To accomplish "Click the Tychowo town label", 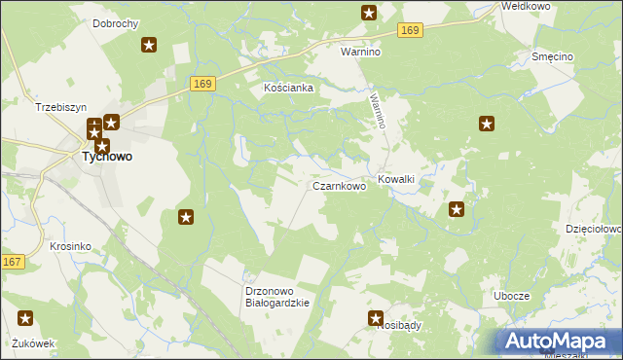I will pyautogui.click(x=107, y=156).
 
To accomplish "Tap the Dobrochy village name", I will pyautogui.click(x=115, y=22).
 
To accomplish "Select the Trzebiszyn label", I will pyautogui.click(x=61, y=107).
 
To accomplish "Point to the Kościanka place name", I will pyautogui.click(x=289, y=88).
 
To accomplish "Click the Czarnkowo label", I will pyautogui.click(x=339, y=185).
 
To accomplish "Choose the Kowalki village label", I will pyautogui.click(x=396, y=179).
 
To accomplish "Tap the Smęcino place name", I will pyautogui.click(x=552, y=57).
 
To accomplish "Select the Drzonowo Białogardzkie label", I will pyautogui.click(x=277, y=297).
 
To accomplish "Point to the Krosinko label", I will pyautogui.click(x=70, y=246).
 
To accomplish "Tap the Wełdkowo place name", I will pyautogui.click(x=526, y=6).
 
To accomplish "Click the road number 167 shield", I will pyautogui.click(x=13, y=262).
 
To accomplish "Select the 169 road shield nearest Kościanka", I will pyautogui.click(x=202, y=85).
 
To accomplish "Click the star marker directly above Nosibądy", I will pyautogui.click(x=376, y=317).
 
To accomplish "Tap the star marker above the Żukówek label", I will pyautogui.click(x=25, y=317).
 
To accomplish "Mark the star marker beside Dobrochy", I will pyautogui.click(x=149, y=45).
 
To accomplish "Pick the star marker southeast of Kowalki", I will pyautogui.click(x=457, y=208).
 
